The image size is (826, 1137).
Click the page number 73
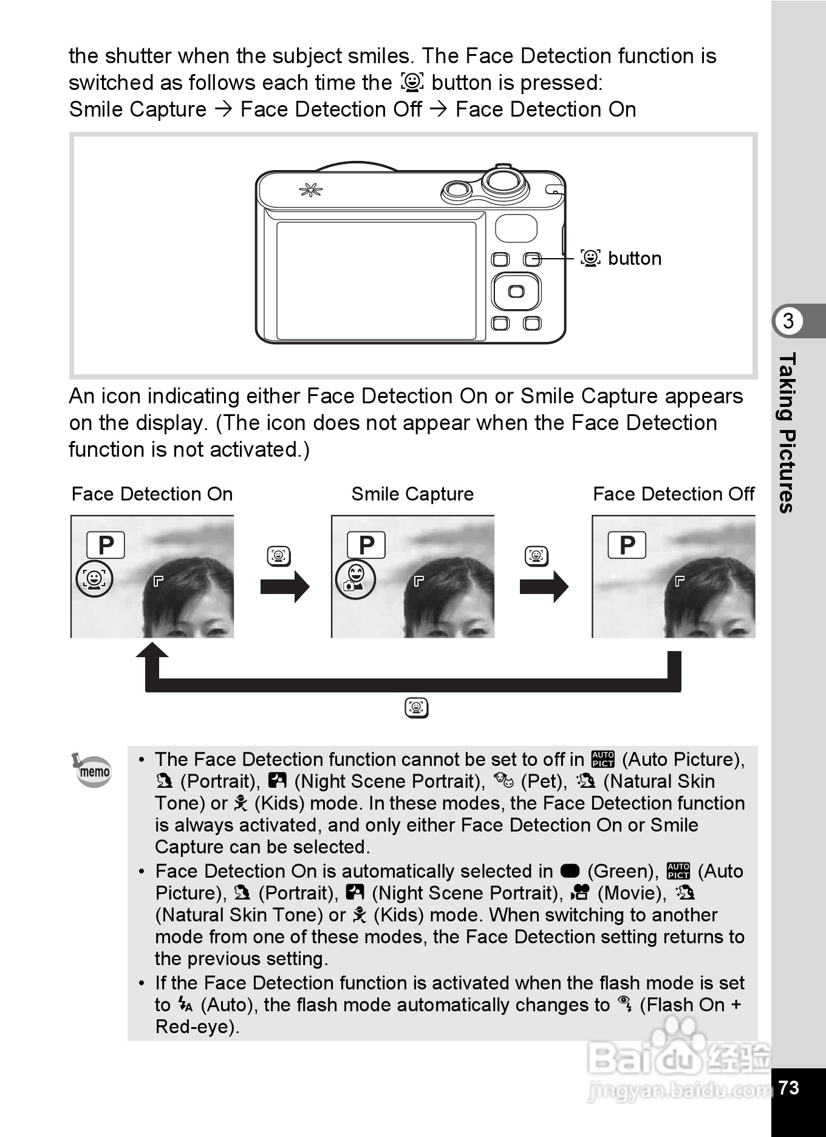pyautogui.click(x=788, y=1087)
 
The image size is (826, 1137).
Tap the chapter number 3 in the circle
pyautogui.click(x=788, y=321)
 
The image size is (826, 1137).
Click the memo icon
pyautogui.click(x=92, y=770)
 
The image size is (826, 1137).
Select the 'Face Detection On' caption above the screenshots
pyautogui.click(x=152, y=494)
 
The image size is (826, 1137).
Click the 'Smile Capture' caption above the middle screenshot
pyautogui.click(x=412, y=494)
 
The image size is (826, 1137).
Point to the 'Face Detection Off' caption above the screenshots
pyautogui.click(x=674, y=494)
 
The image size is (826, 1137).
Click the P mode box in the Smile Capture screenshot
pyautogui.click(x=366, y=545)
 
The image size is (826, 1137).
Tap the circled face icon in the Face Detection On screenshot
pyautogui.click(x=94, y=579)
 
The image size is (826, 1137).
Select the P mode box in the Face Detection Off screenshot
pyautogui.click(x=627, y=545)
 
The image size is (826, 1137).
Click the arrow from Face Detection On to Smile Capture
pyautogui.click(x=285, y=587)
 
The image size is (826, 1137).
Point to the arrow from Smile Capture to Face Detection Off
pyautogui.click(x=544, y=587)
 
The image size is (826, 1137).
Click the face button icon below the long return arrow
pyautogui.click(x=417, y=708)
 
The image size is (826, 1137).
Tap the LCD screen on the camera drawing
pyautogui.click(x=376, y=280)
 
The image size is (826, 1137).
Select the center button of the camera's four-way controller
pyautogui.click(x=516, y=292)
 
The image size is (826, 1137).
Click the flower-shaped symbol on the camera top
pyautogui.click(x=310, y=191)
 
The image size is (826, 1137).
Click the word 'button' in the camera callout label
pyautogui.click(x=635, y=259)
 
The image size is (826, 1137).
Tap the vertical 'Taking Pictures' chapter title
pyautogui.click(x=787, y=432)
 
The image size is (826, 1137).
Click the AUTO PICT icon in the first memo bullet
pyautogui.click(x=603, y=759)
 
